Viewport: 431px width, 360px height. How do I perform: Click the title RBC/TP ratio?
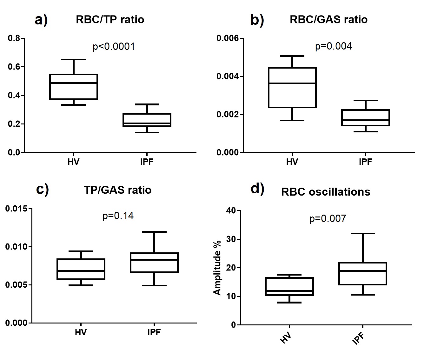pyautogui.click(x=110, y=20)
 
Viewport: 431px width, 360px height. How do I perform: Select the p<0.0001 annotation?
pyautogui.click(x=114, y=47)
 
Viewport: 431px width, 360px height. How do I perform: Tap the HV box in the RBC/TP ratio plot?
pyautogui.click(x=74, y=87)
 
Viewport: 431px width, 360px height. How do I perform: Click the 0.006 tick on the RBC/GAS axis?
pyautogui.click(x=228, y=38)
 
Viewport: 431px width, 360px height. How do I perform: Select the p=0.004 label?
pyautogui.click(x=333, y=46)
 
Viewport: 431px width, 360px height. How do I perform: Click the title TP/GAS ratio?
pyautogui.click(x=117, y=190)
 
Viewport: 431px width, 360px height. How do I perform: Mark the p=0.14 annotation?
pyautogui.click(x=118, y=216)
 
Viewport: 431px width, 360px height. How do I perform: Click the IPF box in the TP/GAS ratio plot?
pyautogui.click(x=154, y=263)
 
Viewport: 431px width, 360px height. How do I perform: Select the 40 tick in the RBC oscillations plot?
pyautogui.click(x=231, y=210)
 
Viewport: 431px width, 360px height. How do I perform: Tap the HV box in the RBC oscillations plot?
pyautogui.click(x=289, y=287)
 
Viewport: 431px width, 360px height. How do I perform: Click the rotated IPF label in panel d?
pyautogui.click(x=358, y=338)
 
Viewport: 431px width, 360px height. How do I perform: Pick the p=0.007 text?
pyautogui.click(x=328, y=218)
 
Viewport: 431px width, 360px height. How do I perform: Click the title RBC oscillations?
pyautogui.click(x=326, y=192)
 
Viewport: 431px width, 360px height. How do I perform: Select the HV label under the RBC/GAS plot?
pyautogui.click(x=292, y=162)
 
